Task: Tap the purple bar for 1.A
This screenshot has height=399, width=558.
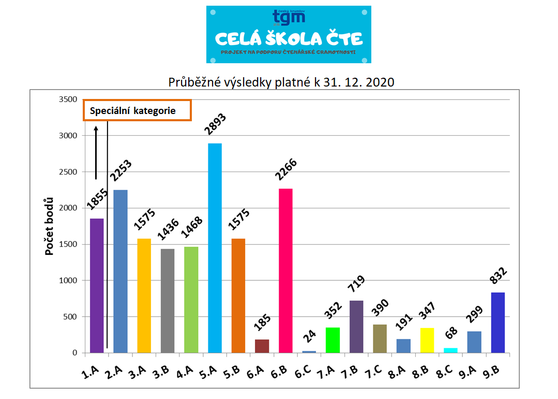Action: (97, 286)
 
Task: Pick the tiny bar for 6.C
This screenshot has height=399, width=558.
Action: (309, 351)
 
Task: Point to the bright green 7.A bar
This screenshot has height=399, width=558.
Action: (333, 340)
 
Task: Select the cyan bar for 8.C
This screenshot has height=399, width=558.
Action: (450, 350)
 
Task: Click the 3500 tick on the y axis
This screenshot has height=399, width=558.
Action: (67, 99)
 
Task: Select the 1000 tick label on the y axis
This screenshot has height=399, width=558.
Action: (67, 280)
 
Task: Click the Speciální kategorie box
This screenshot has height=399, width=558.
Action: (138, 110)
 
